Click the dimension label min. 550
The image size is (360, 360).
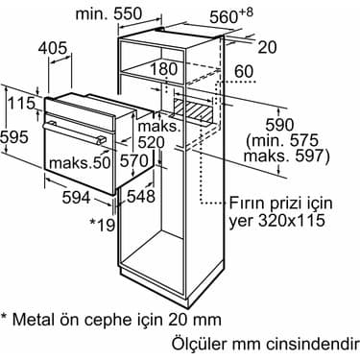(x=108, y=14)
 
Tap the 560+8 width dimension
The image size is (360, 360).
(x=231, y=16)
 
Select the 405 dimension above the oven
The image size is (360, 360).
(x=53, y=48)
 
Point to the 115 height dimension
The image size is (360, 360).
(x=21, y=103)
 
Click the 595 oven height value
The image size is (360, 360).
(x=14, y=137)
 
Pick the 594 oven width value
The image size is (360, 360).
(x=76, y=198)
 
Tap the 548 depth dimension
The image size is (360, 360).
(x=141, y=196)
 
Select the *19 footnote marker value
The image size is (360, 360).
(x=102, y=225)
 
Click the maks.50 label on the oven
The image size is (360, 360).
(x=80, y=163)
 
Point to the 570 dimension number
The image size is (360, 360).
(x=134, y=161)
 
